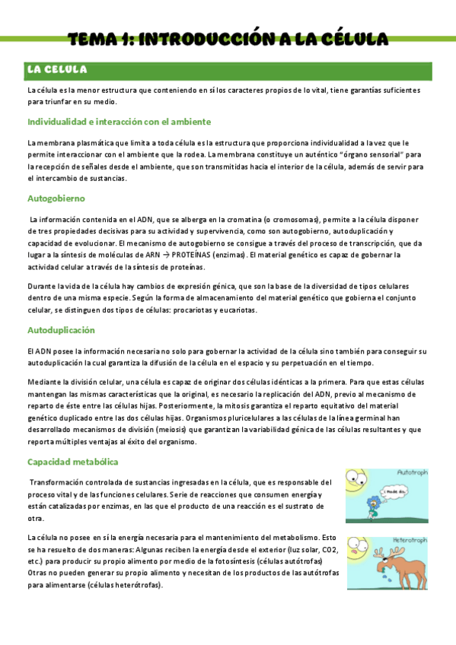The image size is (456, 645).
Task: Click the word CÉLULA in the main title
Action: point(352,39)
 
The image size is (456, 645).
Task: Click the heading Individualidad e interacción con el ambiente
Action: point(119,122)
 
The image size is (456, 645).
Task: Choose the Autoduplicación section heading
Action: point(61,330)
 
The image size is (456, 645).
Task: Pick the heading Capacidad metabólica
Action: point(73,462)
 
